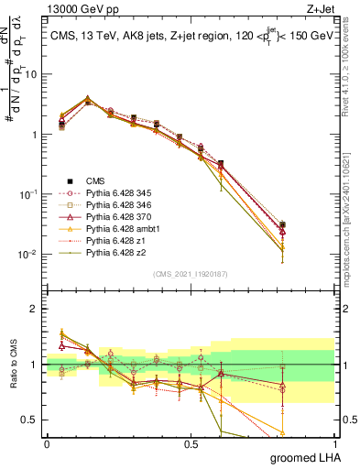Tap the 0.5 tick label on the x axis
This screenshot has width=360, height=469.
191,444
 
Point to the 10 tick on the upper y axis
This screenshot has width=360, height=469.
30,74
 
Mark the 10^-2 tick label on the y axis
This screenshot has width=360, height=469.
27,255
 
